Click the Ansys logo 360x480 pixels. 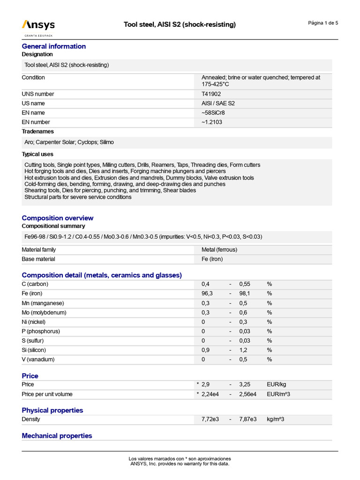(38, 26)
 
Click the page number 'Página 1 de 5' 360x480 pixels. (323, 23)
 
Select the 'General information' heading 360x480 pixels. (54, 46)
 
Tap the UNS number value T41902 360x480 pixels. (211, 94)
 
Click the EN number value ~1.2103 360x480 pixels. (212, 122)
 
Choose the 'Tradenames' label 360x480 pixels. (38, 131)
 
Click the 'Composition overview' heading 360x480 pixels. (58, 218)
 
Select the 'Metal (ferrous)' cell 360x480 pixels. (219, 250)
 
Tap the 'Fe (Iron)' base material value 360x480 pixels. (212, 259)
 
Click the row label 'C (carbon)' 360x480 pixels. (35, 284)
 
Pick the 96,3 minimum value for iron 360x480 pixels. (207, 293)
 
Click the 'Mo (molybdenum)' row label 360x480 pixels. (44, 312)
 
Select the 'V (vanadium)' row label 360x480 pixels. (38, 359)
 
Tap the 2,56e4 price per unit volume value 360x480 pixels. (248, 394)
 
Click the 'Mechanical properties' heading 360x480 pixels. (57, 435)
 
